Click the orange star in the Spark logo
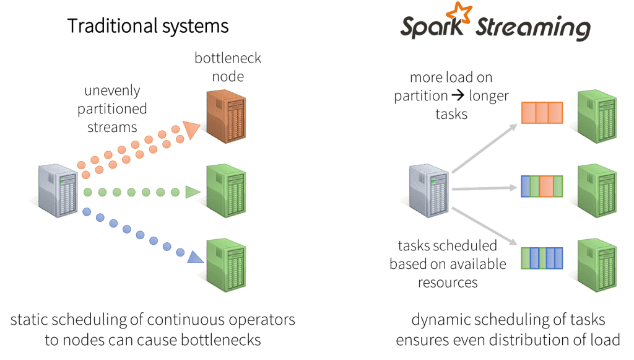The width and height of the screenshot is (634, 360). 459,13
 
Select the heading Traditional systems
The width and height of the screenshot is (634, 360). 148,26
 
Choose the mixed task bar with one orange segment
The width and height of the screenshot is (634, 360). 542,187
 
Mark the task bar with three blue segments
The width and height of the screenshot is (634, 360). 542,257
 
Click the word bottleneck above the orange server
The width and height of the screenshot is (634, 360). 228,59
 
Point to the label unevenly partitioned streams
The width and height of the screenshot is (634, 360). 116,109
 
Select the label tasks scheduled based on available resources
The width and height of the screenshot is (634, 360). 448,264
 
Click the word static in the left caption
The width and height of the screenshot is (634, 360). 28,321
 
